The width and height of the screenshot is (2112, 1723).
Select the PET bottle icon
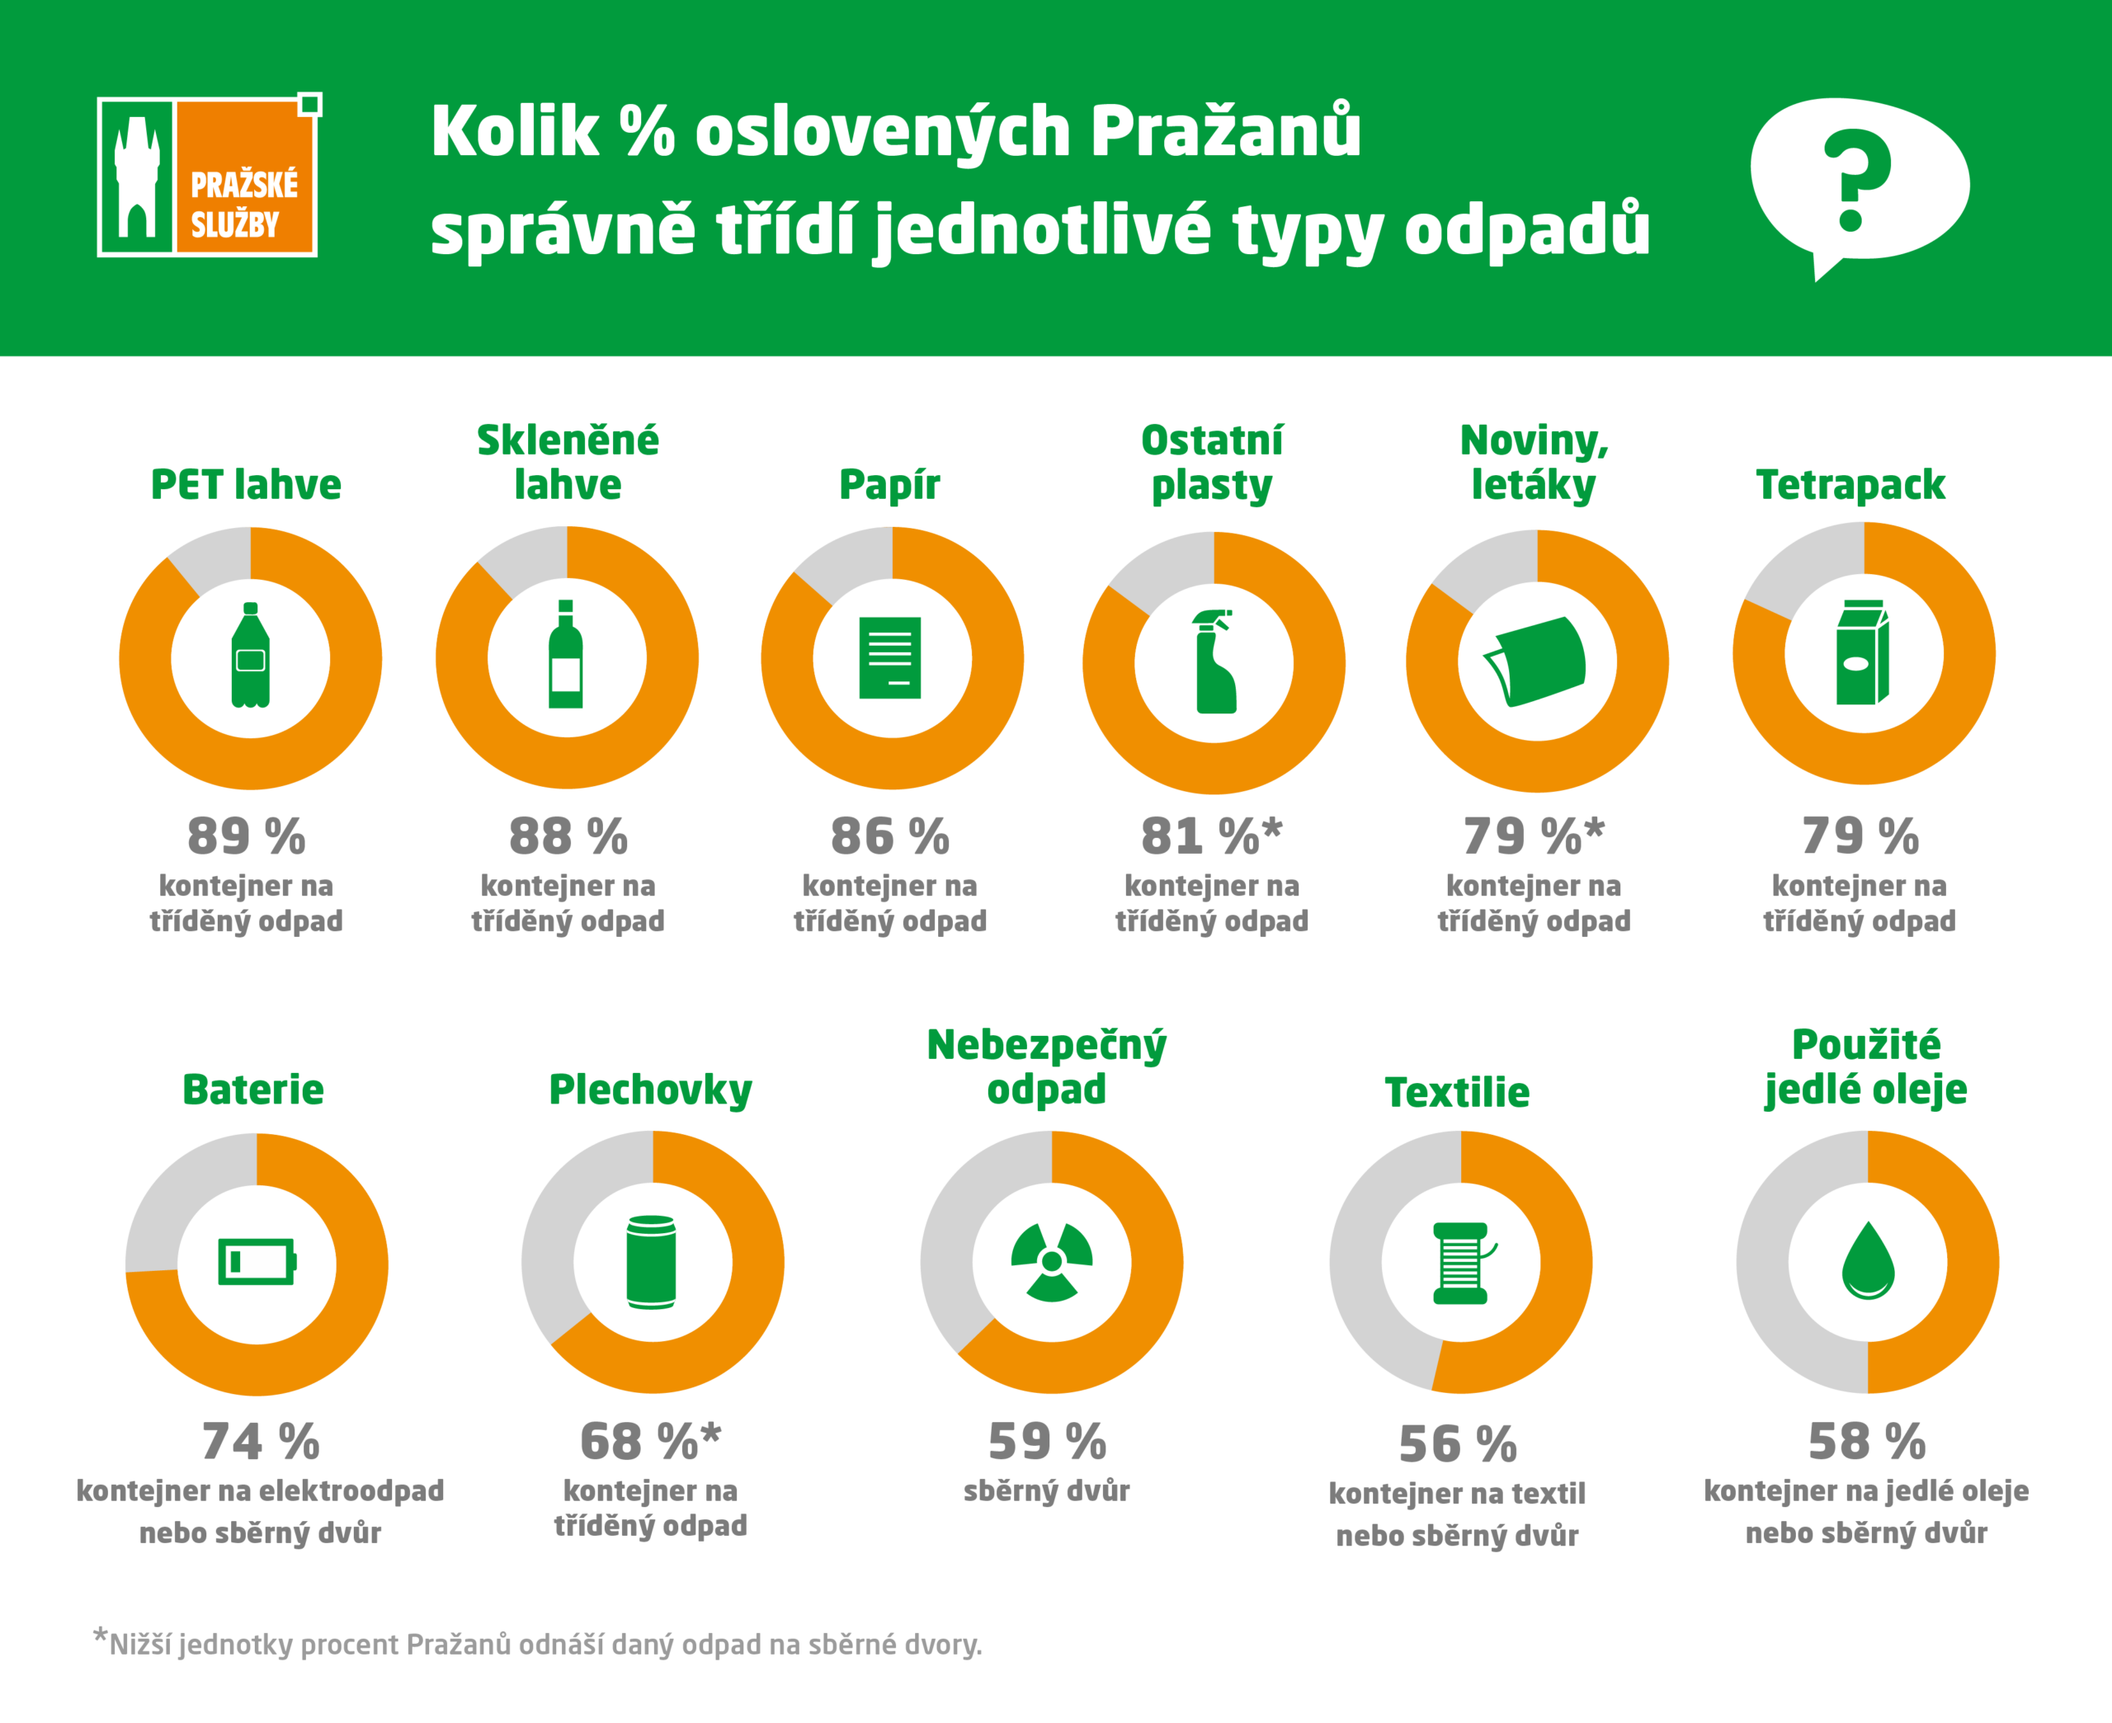pyautogui.click(x=250, y=655)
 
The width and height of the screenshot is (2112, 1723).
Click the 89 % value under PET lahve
pyautogui.click(x=246, y=836)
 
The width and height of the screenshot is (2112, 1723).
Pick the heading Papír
pyautogui.click(x=889, y=484)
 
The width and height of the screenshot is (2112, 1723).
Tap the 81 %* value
pyautogui.click(x=1211, y=836)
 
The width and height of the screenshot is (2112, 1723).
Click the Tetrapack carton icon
pyautogui.click(x=1862, y=653)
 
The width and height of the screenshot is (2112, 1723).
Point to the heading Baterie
pyautogui.click(x=253, y=1089)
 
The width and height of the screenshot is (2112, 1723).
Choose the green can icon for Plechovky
pyautogui.click(x=651, y=1261)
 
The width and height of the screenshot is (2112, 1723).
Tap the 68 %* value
pyautogui.click(x=650, y=1441)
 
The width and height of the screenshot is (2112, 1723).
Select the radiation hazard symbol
pyautogui.click(x=1051, y=1261)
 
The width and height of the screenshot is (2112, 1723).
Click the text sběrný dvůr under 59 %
pyautogui.click(x=1046, y=1490)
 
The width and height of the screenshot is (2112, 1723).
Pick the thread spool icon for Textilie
pyautogui.click(x=1461, y=1263)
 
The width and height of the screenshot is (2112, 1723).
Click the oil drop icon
pyautogui.click(x=1867, y=1260)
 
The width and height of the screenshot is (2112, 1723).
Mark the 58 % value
pyautogui.click(x=1866, y=1441)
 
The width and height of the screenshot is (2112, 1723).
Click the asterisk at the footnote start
pyautogui.click(x=101, y=1636)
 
